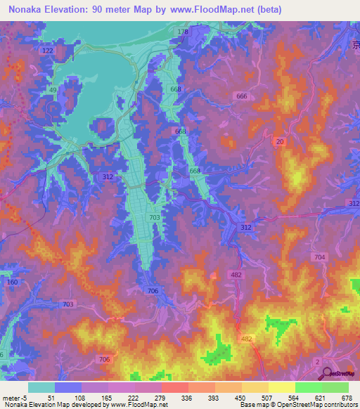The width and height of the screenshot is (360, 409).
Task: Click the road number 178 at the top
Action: click(x=184, y=32)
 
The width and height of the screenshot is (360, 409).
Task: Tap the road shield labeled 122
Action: click(x=48, y=51)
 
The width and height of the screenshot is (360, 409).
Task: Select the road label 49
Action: click(x=53, y=90)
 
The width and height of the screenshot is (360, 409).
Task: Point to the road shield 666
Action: click(x=242, y=96)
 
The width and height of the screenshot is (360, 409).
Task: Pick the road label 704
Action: click(x=320, y=257)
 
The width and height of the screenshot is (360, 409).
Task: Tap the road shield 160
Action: click(x=11, y=283)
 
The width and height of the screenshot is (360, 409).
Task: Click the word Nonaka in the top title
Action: click(x=27, y=9)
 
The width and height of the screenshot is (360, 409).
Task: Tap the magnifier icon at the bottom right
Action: click(x=326, y=372)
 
